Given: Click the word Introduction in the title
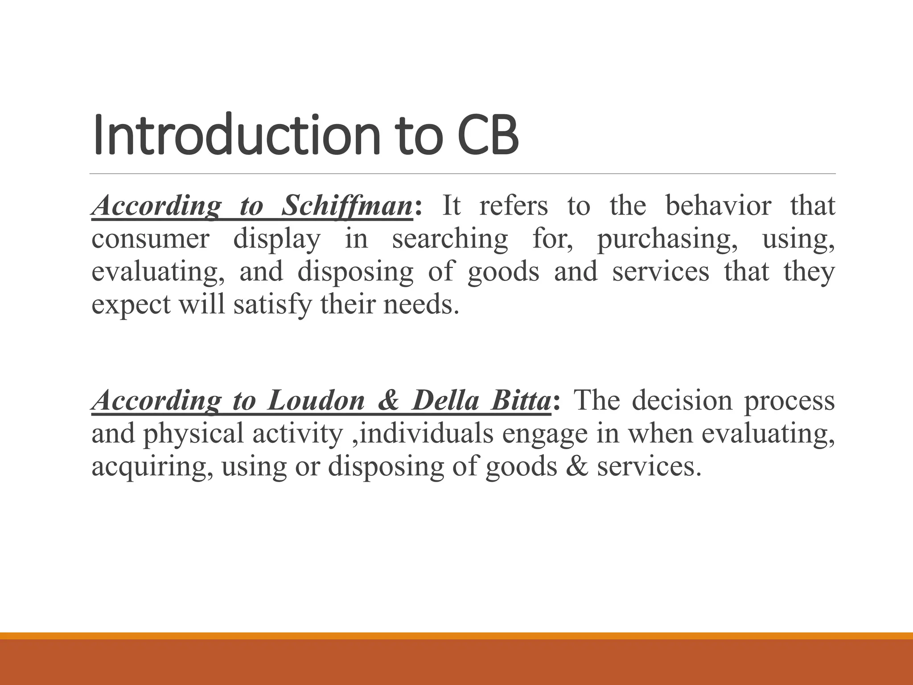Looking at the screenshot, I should click(x=236, y=135).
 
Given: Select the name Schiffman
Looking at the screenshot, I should click(x=347, y=206).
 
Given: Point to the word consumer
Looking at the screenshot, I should click(x=150, y=239).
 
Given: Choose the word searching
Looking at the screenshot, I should click(x=450, y=239).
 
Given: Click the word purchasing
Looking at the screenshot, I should click(x=667, y=239).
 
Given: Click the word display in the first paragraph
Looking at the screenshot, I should click(x=277, y=239).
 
